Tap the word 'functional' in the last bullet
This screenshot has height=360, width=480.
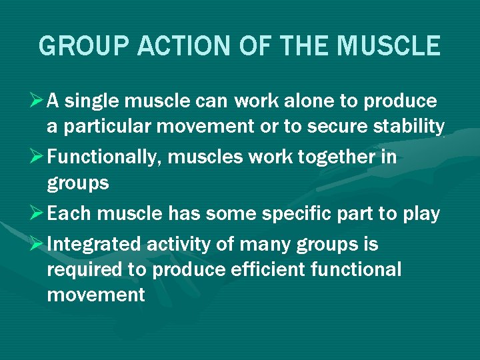point(357,270)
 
